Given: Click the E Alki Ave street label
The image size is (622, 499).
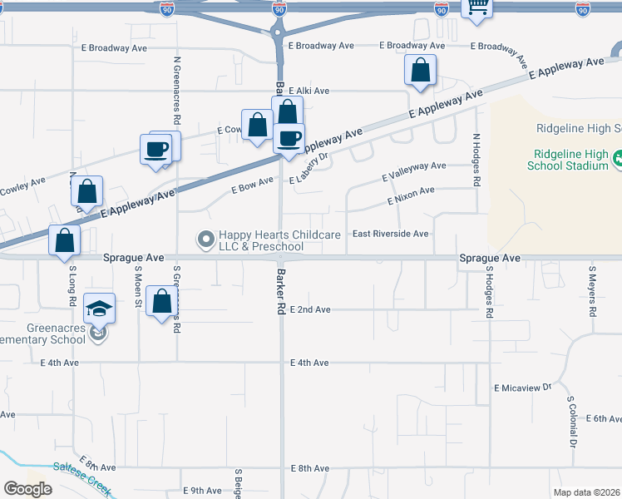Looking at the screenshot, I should [x=309, y=91].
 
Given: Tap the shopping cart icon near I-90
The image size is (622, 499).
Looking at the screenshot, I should [x=477, y=7].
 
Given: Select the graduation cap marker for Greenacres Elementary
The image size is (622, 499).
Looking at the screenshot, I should [x=100, y=309].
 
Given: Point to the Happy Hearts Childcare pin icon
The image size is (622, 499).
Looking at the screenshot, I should [x=205, y=240].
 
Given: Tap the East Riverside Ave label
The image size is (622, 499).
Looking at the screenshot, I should [x=391, y=234].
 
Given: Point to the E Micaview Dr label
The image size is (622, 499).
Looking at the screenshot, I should [x=523, y=388].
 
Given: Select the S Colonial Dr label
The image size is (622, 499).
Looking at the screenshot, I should [x=572, y=421].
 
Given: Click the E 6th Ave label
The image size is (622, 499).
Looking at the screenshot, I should [x=604, y=419].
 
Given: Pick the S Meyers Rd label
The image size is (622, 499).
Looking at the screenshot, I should [x=592, y=292].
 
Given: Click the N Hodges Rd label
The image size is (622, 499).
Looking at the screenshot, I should [x=476, y=161].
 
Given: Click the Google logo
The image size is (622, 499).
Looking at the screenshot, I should [x=27, y=488].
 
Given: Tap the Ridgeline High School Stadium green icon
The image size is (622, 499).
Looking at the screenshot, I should [x=618, y=158].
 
